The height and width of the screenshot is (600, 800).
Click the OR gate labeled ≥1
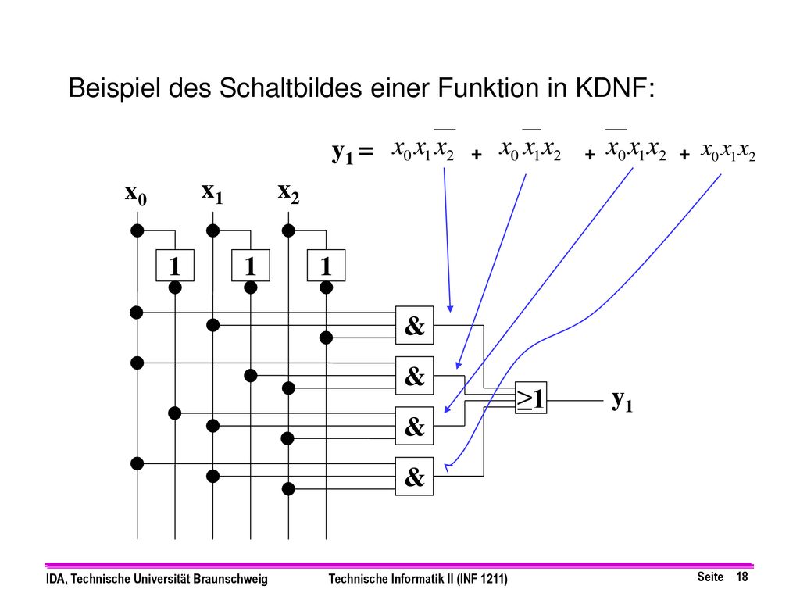point(530,398)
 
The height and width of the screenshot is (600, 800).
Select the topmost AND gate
point(414,325)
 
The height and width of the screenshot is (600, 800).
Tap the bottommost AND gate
point(414,476)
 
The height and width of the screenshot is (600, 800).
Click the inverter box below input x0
point(175,266)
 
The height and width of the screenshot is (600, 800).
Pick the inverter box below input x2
point(326,266)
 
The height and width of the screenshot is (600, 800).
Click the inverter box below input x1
point(251,266)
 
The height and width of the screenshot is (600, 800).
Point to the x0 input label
point(136,194)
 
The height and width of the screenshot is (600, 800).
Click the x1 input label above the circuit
point(212,192)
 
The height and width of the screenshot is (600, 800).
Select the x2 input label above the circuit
point(289,192)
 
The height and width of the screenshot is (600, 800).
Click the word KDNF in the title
point(615,87)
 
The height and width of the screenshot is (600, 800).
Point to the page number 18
point(742,577)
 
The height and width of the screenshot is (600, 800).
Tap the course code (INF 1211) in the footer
point(481,579)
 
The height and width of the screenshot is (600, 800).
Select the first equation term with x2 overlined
point(423,147)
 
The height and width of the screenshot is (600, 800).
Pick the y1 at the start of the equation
point(342,152)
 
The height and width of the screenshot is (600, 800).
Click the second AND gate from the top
point(414,375)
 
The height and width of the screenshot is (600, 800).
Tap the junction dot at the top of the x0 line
point(137,230)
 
